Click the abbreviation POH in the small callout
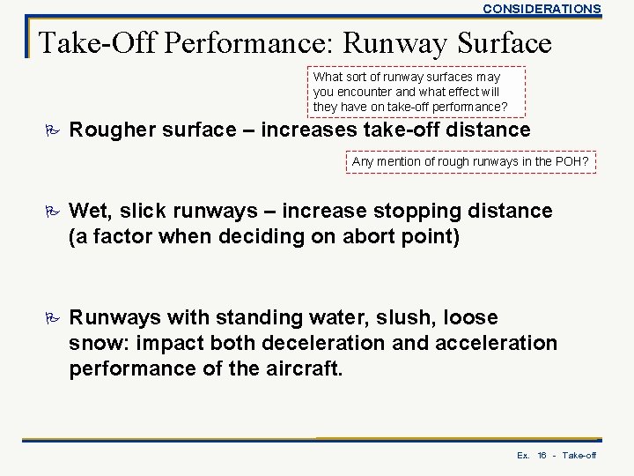573,161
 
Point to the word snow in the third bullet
98,342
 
